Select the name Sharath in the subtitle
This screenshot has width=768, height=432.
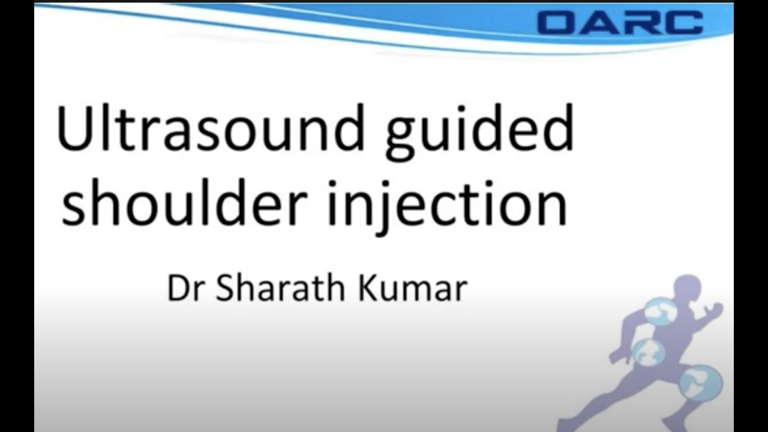(279, 289)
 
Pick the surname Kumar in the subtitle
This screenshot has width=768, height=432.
(413, 289)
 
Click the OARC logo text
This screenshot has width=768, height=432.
(620, 22)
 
